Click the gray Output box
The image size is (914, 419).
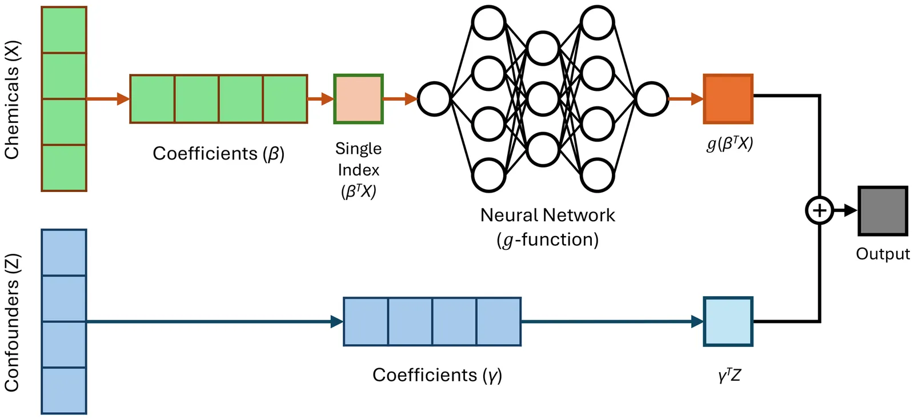(883, 211)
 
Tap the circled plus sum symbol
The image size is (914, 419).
(819, 211)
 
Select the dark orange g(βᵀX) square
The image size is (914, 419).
(728, 99)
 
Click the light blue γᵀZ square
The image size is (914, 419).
(728, 321)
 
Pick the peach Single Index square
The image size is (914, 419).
(358, 99)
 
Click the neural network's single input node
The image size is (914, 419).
(434, 99)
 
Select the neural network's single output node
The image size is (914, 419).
(651, 99)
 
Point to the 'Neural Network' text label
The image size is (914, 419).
(547, 216)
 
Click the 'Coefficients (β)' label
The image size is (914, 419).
(218, 154)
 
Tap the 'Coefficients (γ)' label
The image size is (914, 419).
(437, 375)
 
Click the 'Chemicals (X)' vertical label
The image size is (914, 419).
(12, 99)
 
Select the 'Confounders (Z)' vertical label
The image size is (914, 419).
(12, 322)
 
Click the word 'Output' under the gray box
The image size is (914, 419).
(883, 254)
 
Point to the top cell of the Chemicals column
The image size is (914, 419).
(64, 30)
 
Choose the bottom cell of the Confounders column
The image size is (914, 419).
(64, 390)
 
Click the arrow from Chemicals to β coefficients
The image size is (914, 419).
(108, 99)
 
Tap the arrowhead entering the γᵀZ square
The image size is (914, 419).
(697, 321)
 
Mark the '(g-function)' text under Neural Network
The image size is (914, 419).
(547, 240)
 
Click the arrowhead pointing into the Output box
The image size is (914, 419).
(851, 211)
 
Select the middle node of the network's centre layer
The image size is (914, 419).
(543, 99)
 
